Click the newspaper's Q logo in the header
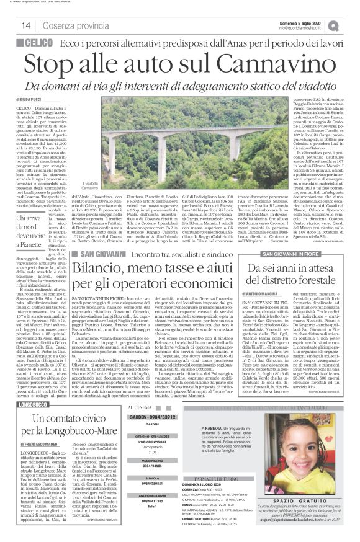click(x=351, y=25)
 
